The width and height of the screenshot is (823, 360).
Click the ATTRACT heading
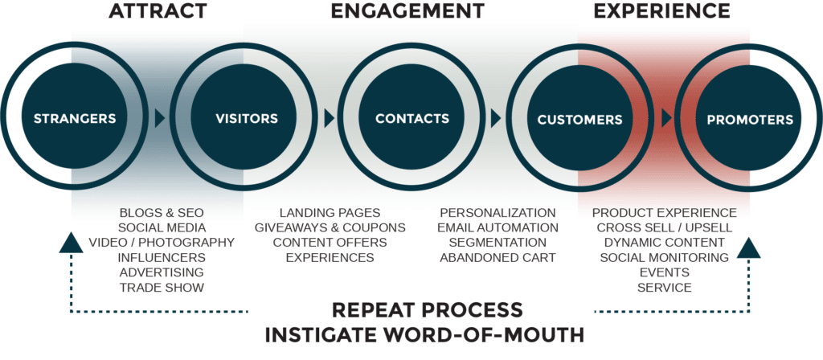(158, 11)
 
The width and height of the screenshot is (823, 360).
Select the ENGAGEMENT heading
(408, 11)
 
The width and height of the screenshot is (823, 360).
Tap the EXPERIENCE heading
(662, 11)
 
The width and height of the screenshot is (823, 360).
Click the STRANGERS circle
(75, 119)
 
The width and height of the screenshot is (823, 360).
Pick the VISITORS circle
(247, 119)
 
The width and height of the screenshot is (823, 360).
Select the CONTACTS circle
(412, 119)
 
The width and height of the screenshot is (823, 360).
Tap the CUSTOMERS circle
(579, 120)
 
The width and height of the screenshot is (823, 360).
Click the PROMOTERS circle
(749, 120)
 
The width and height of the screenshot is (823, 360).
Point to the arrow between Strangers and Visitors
(160, 119)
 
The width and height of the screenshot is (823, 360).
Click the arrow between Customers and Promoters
(666, 119)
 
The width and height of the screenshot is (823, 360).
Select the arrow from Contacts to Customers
(497, 119)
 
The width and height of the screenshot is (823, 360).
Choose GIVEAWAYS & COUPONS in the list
(330, 227)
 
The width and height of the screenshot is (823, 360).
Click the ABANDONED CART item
(497, 257)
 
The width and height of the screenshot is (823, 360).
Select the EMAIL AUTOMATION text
(497, 227)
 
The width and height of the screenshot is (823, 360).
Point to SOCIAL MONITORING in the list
(664, 257)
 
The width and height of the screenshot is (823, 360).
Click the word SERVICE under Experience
(664, 287)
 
